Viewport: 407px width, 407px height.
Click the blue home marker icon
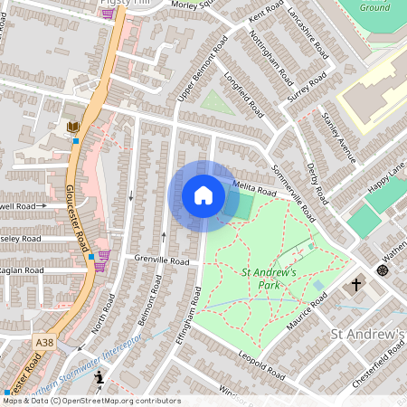[203, 194]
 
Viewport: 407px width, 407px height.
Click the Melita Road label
[253, 190]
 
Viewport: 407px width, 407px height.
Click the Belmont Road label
[141, 323]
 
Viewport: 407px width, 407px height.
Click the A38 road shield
[45, 343]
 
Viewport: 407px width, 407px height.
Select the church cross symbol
[356, 285]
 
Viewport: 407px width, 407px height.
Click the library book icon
[73, 127]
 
